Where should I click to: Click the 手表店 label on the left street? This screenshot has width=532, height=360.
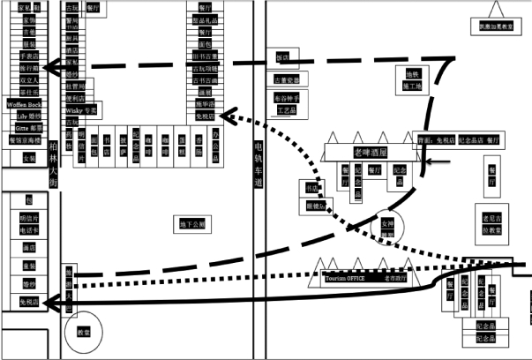point(29,54)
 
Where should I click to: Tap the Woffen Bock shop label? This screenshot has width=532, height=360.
point(25,104)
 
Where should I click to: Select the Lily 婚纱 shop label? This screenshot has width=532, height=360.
point(28,116)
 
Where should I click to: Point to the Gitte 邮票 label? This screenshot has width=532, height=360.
point(28,127)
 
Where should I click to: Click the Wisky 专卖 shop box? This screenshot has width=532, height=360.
point(81,109)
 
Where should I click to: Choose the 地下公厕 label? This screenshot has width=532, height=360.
point(192,225)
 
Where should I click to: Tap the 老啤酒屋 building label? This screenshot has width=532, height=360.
point(371,152)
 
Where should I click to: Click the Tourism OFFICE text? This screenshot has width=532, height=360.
point(345,279)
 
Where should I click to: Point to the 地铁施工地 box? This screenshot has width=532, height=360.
point(413,80)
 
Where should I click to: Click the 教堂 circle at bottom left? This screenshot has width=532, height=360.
point(84,333)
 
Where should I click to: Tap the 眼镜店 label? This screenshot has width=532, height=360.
point(315,206)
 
